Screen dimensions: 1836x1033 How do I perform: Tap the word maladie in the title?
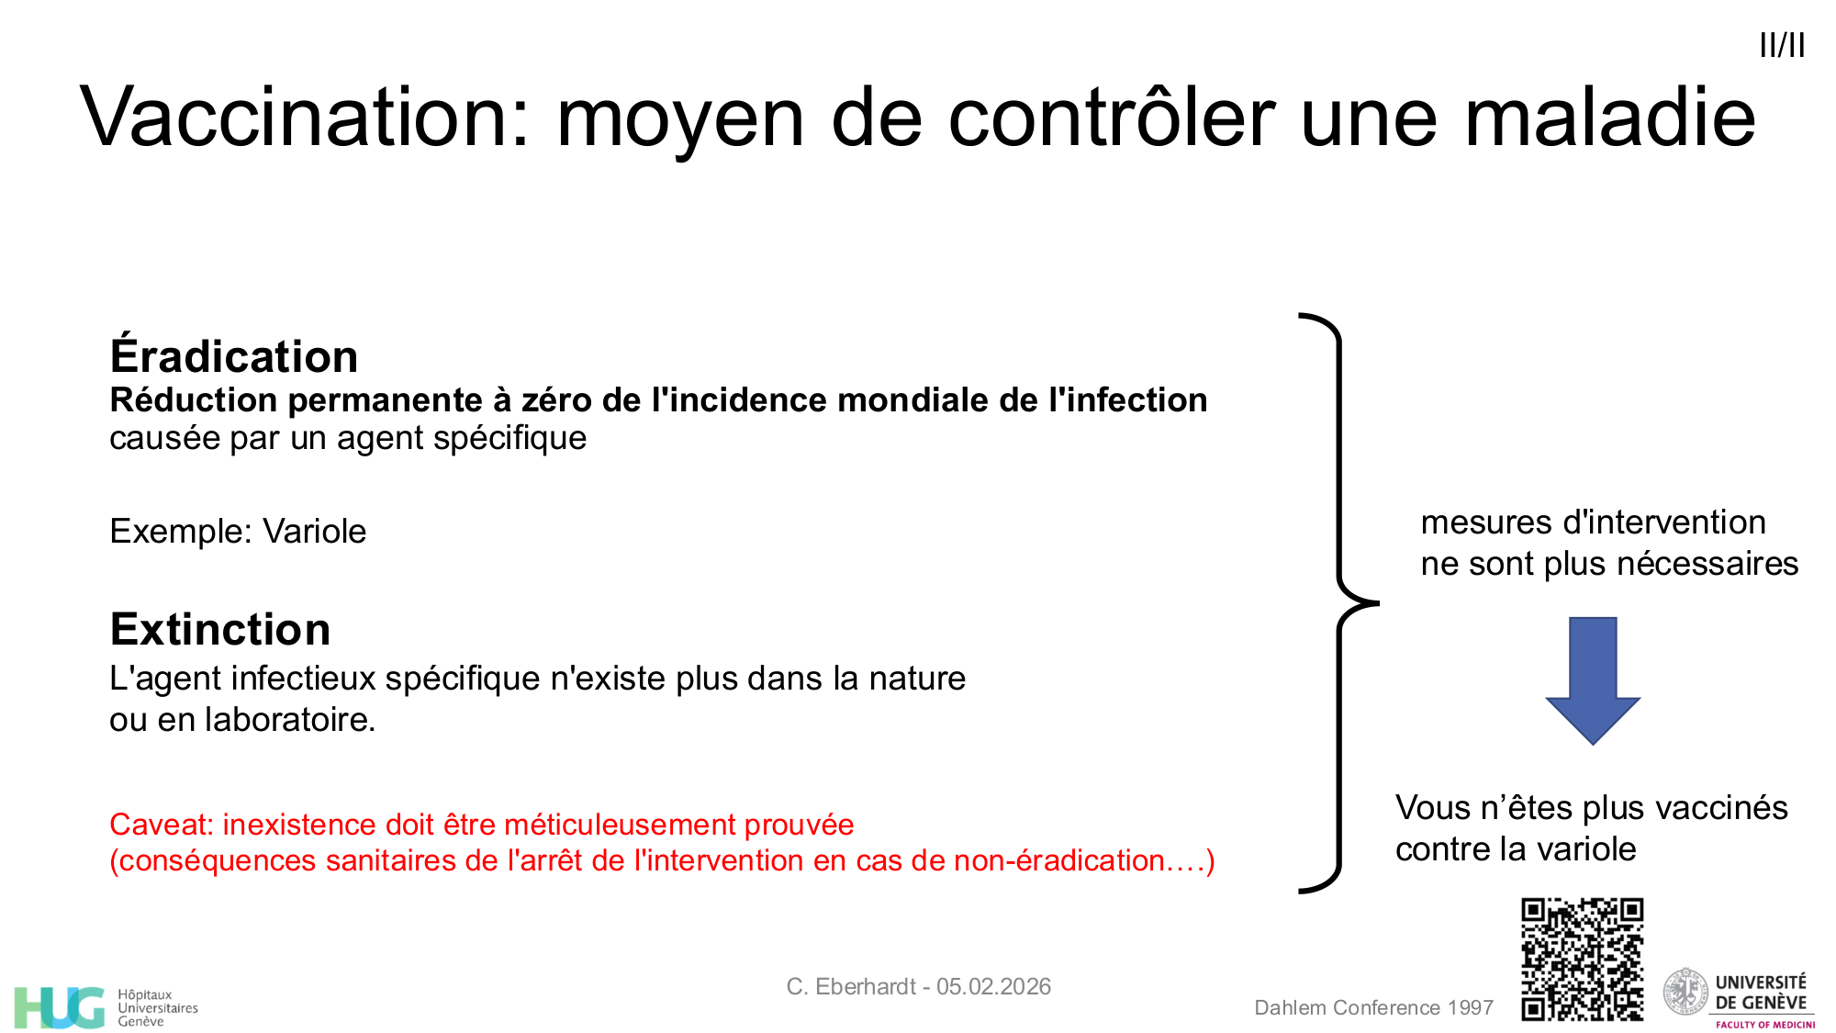(1610, 117)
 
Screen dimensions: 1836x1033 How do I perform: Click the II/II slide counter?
(1782, 45)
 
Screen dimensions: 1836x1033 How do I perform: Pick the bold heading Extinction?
(220, 629)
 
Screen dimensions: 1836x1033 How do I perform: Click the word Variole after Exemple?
(314, 532)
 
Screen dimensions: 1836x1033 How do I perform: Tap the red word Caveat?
(162, 825)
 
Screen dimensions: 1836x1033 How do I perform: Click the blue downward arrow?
(1593, 680)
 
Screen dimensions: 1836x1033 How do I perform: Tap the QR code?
(1582, 960)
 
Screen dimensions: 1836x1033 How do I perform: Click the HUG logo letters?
(60, 1007)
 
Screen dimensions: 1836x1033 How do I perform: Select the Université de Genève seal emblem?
(1685, 992)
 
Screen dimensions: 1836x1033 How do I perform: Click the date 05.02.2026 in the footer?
(993, 986)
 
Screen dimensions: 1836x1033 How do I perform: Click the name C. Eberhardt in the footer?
(851, 986)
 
